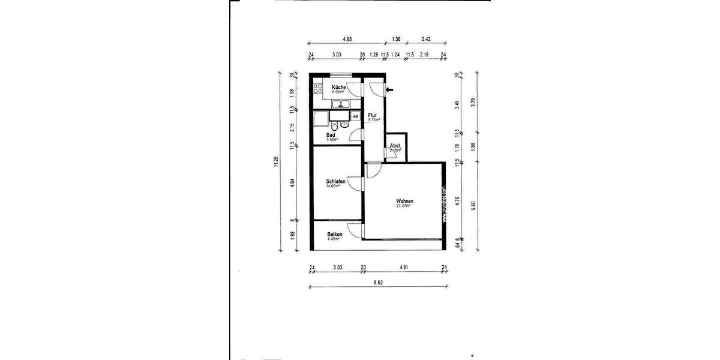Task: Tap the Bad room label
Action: tap(331, 135)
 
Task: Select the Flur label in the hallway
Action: tap(372, 115)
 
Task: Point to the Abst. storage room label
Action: tap(395, 146)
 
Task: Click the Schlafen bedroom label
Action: tap(335, 181)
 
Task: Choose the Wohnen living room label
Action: tap(404, 201)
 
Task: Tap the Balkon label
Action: tap(335, 234)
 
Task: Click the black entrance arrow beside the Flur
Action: tap(389, 90)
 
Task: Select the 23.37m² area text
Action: tap(403, 206)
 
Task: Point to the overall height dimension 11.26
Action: tap(275, 162)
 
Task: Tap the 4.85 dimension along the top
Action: tap(347, 39)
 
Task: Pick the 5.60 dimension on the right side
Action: tap(473, 204)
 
